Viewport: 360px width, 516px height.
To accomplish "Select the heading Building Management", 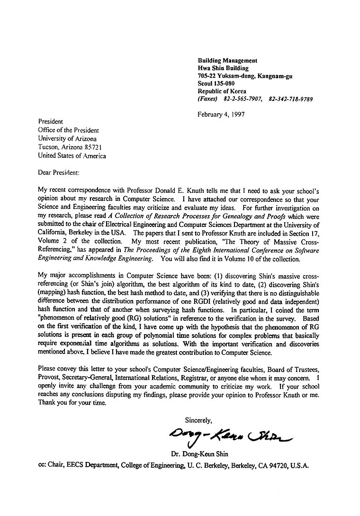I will coord(227,61).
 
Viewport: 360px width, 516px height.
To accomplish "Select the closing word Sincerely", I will coord(198,420).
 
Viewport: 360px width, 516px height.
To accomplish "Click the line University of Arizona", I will coord(67,139).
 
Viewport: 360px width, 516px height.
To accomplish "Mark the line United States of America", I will coord(72,156).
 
